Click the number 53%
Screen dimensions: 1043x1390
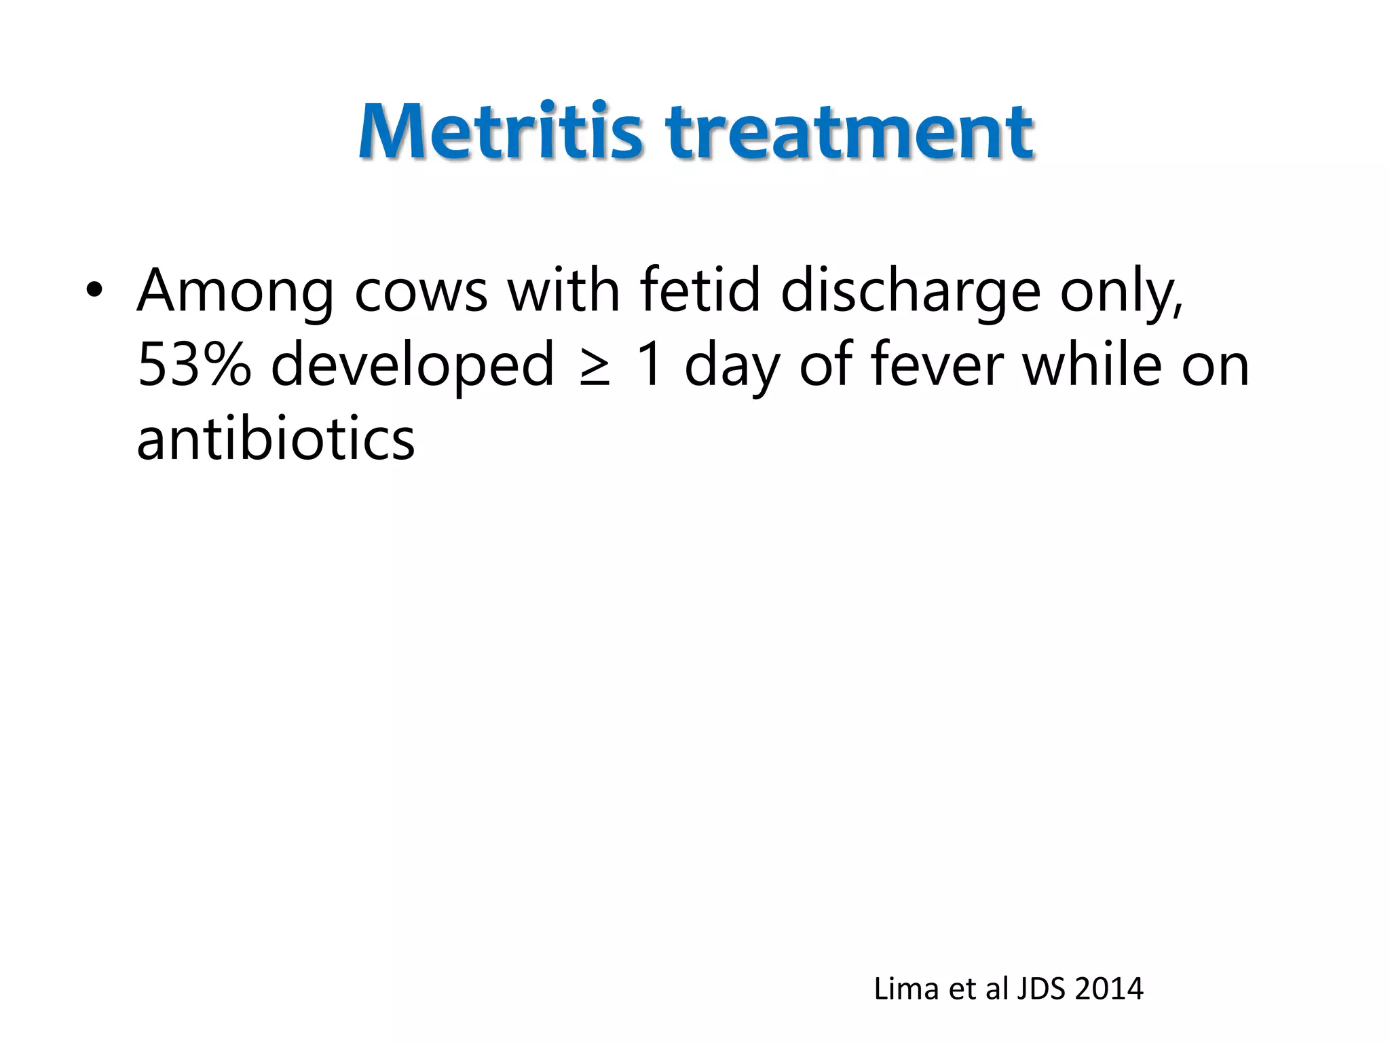[x=194, y=365]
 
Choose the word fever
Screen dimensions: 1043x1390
[x=936, y=365]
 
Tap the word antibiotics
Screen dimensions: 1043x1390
[x=276, y=439]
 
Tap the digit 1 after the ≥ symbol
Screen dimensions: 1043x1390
[x=650, y=365]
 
